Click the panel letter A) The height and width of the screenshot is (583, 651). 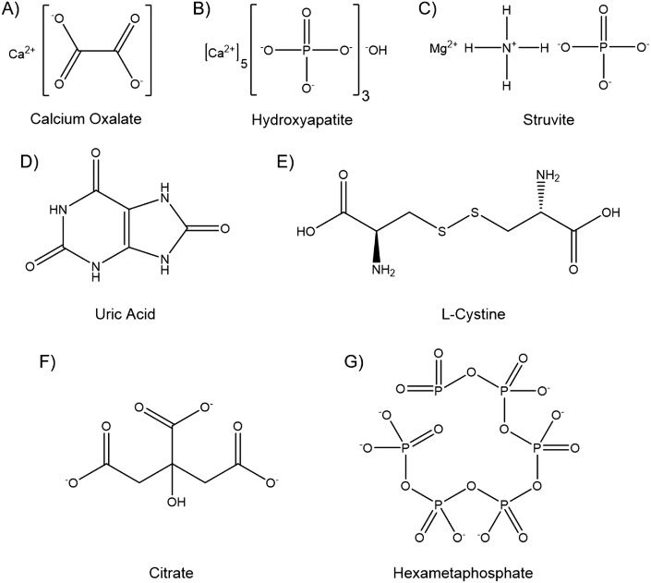[16, 12]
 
